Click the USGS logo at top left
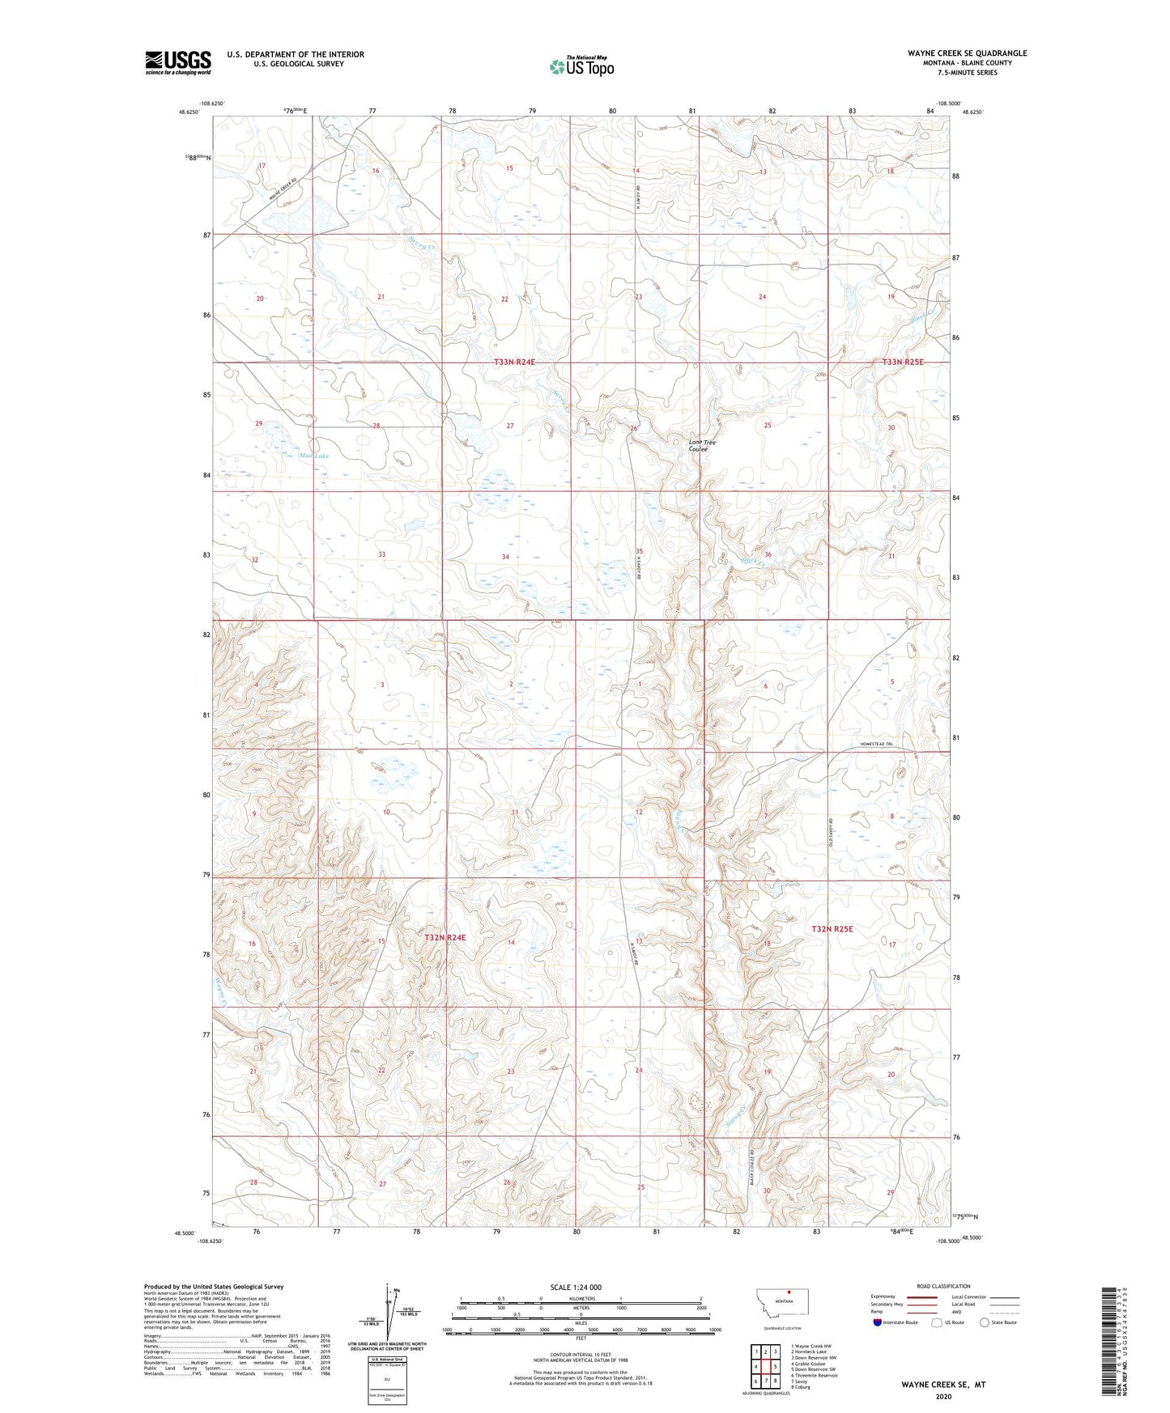178,62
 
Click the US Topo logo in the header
581,66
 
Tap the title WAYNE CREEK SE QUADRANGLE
967,53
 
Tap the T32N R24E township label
445,937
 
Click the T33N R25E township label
902,363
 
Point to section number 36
768,554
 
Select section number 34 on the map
506,557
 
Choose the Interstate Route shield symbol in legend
879,1323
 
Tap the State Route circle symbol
985,1323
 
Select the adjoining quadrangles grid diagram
765,1368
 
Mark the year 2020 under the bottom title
943,1397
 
